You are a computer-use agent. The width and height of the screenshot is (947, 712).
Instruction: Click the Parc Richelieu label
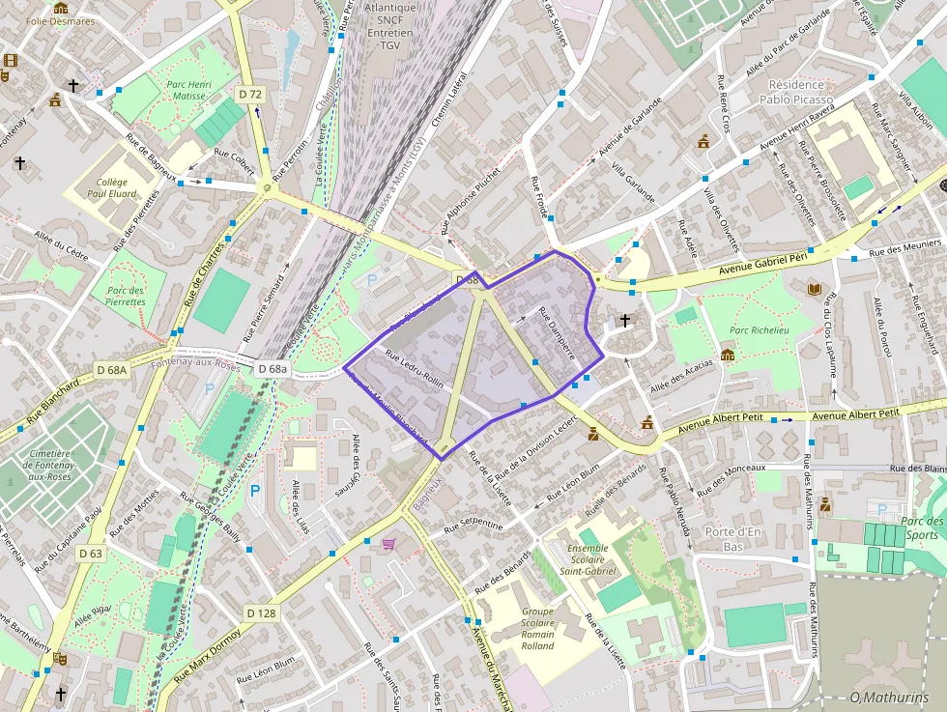click(x=759, y=330)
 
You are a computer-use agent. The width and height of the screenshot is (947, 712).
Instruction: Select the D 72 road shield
click(x=249, y=94)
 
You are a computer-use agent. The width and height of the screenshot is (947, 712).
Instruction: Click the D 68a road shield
click(x=273, y=369)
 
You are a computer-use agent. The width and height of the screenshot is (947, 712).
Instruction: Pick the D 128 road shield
click(x=261, y=612)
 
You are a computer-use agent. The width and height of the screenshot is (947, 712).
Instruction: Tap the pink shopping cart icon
click(x=388, y=545)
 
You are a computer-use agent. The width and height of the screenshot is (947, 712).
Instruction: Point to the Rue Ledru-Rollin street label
click(x=414, y=369)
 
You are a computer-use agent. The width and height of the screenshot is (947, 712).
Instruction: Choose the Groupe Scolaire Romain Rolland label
click(x=537, y=628)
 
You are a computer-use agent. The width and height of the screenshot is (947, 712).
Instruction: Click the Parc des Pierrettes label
click(x=126, y=296)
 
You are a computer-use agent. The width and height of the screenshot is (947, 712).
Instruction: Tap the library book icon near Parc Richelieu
click(x=815, y=289)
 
